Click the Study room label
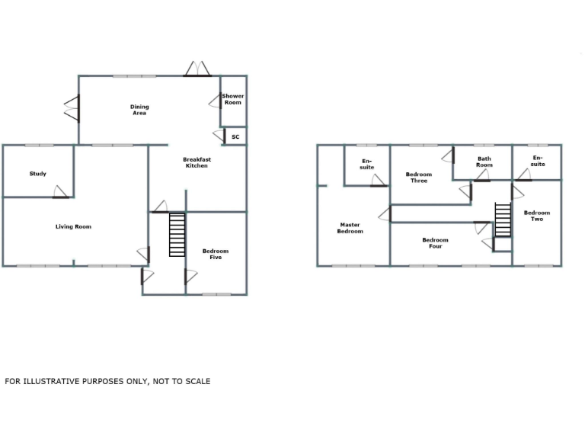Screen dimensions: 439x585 pos(38,174)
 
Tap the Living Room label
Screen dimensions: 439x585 pos(73,226)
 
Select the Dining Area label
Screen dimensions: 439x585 pos(139,110)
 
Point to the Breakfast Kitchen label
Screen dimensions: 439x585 pos(197,162)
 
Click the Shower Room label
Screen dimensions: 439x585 pos(233,99)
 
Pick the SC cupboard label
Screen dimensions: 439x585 pos(235,137)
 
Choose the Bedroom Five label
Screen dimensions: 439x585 pos(216,255)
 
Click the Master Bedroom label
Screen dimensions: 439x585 pos(350,228)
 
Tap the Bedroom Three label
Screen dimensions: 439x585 pos(419,178)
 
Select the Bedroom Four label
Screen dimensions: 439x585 pos(436,243)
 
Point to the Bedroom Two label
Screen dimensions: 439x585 pos(537,216)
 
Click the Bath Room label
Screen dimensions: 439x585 pos(484,162)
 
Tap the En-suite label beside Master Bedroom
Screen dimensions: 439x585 pos(367,164)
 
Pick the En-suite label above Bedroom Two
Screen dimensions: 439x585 pos(538,161)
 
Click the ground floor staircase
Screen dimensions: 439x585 pos(177,236)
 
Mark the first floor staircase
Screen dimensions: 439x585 pos(503,221)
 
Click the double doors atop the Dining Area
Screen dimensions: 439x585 pos(197,69)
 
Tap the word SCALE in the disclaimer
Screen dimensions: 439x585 pos(196,381)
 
